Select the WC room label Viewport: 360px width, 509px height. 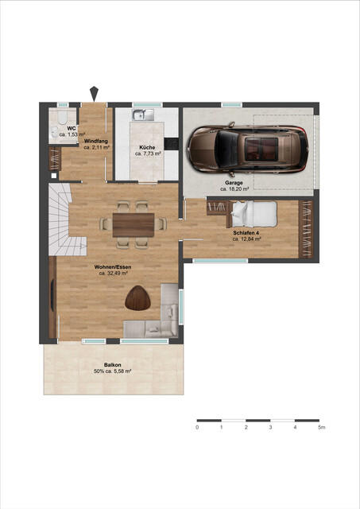72,128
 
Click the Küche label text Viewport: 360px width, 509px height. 147,148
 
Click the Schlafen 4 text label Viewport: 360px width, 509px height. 246,231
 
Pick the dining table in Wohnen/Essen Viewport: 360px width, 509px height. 132,224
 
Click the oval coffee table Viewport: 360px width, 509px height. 138,298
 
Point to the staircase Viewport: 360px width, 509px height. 60,218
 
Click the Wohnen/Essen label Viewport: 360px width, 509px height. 114,266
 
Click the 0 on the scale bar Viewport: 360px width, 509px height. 197,428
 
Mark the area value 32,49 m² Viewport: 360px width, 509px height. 114,273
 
